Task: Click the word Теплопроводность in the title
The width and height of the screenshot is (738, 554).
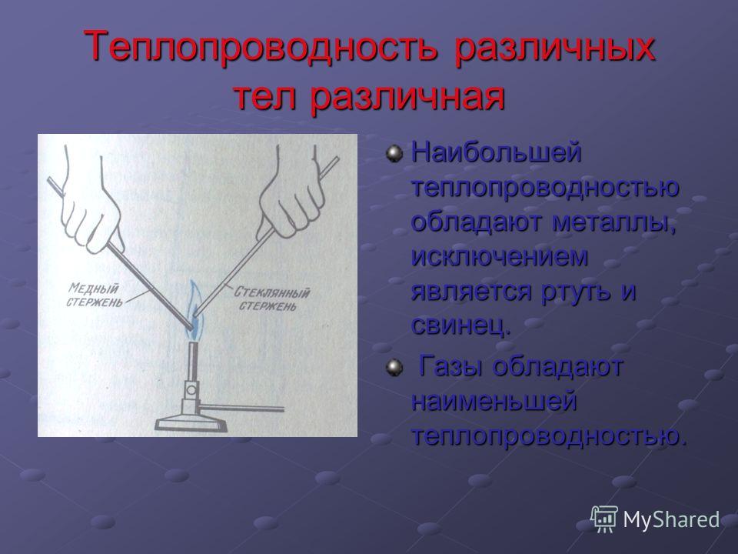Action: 261,46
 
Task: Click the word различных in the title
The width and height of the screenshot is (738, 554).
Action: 554,46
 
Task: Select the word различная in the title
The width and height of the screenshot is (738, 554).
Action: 407,97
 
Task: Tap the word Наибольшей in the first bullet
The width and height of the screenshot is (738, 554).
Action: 497,153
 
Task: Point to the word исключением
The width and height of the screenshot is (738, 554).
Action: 500,256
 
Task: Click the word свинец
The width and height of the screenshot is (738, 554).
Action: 460,325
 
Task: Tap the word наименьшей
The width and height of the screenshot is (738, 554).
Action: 494,401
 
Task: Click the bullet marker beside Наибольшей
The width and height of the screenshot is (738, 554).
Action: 394,154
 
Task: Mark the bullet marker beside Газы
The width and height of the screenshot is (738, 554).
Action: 394,367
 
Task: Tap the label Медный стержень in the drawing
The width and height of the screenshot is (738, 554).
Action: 95,295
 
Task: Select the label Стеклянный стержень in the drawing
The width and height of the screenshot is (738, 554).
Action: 271,299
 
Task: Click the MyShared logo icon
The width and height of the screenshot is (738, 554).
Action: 604,519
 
